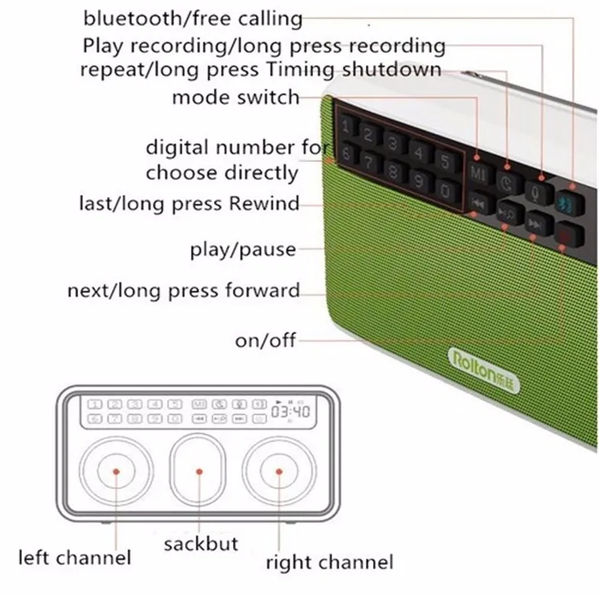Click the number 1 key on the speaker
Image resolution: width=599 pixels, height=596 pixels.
click(x=347, y=125)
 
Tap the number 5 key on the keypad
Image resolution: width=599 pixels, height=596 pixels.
click(x=445, y=160)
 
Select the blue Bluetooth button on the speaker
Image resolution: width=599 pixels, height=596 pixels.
click(x=570, y=202)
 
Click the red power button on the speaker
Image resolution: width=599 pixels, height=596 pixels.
click(x=569, y=234)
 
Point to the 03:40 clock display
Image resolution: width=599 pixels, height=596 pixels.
click(x=290, y=411)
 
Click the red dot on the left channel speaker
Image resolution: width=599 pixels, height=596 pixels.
click(x=116, y=471)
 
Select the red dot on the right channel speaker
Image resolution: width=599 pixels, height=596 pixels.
click(x=279, y=471)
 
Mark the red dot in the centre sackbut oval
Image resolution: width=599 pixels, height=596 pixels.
click(x=199, y=471)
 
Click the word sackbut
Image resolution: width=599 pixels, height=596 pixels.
click(x=201, y=544)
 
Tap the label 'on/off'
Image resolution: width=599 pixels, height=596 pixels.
click(x=266, y=340)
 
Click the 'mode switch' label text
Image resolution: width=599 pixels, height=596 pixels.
click(x=235, y=98)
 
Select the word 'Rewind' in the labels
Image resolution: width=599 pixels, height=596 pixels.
click(x=264, y=203)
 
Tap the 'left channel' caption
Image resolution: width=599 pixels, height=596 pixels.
click(x=75, y=558)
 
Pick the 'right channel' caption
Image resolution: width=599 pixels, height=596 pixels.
click(x=330, y=562)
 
